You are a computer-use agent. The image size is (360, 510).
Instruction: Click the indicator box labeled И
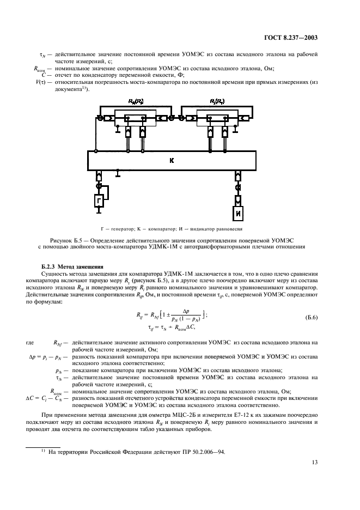click(239, 214)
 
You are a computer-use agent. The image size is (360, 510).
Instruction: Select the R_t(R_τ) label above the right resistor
click(218, 101)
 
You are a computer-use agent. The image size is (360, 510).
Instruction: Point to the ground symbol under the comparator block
click(118, 174)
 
